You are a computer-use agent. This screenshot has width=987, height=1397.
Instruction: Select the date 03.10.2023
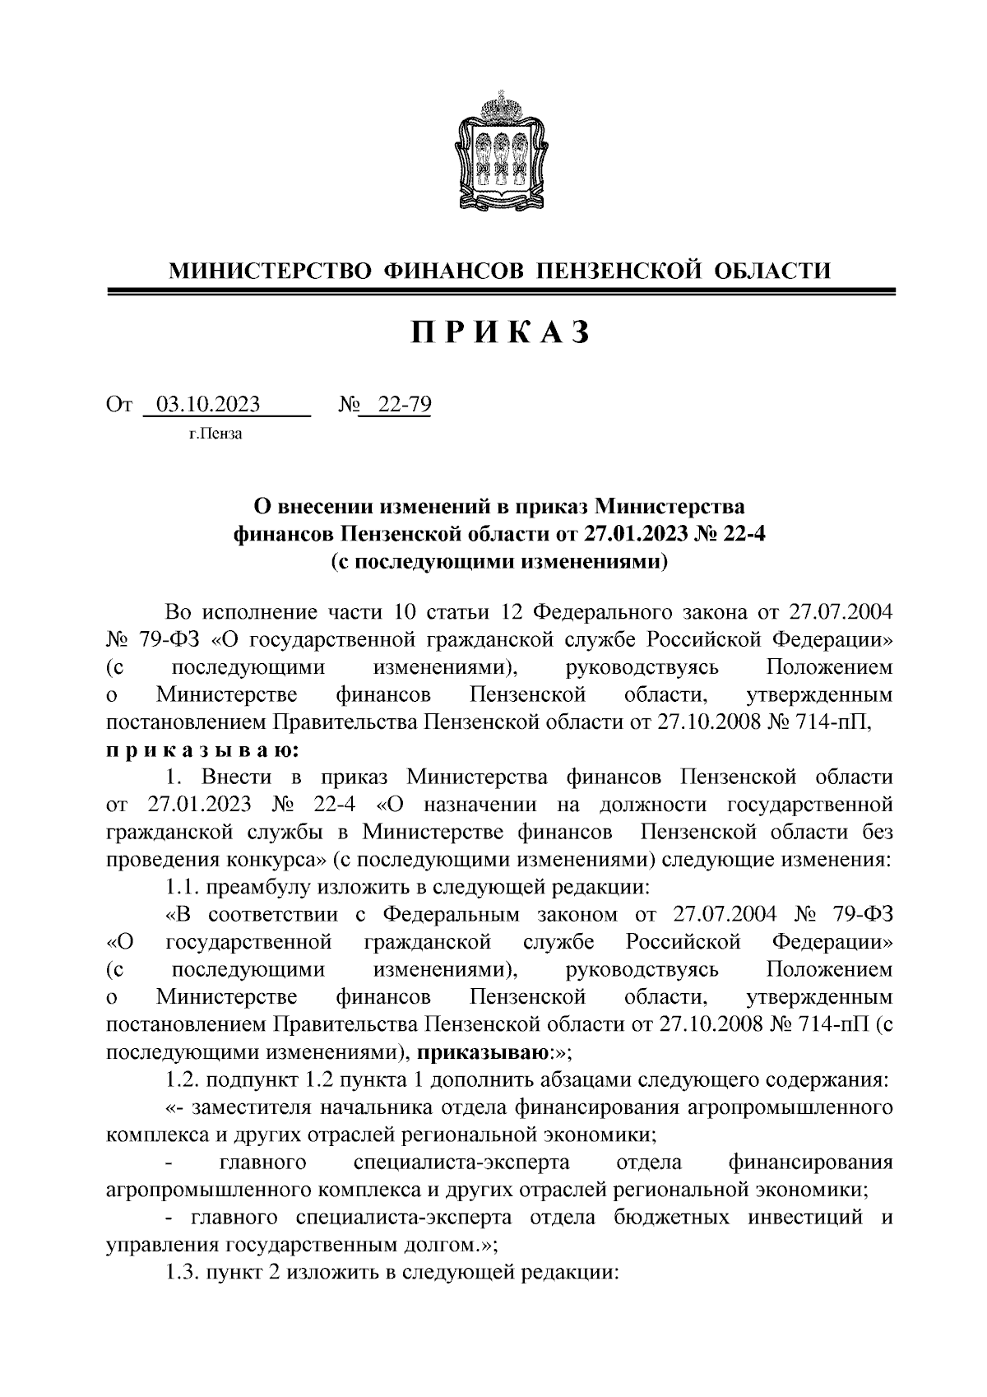(x=209, y=405)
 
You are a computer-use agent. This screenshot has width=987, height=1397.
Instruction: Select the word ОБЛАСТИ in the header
(x=770, y=270)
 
